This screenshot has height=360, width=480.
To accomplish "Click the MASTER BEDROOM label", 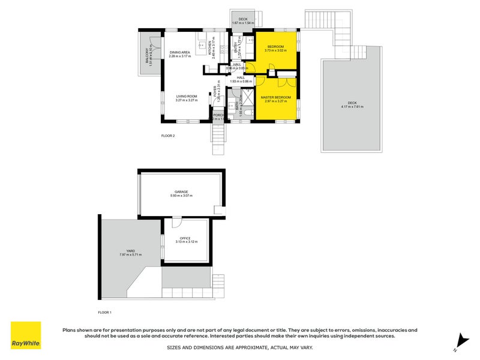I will pyautogui.click(x=276, y=97).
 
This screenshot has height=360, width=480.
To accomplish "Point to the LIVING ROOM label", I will pyautogui.click(x=187, y=97).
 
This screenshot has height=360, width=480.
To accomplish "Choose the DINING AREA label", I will pyautogui.click(x=179, y=53).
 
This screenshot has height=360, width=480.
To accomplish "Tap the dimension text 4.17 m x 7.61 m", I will pyautogui.click(x=352, y=106).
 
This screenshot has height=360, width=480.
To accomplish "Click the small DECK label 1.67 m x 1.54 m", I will pyautogui.click(x=243, y=23).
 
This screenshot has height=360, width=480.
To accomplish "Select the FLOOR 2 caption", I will pyautogui.click(x=168, y=136).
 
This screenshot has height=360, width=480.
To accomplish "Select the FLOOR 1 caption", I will pyautogui.click(x=105, y=312).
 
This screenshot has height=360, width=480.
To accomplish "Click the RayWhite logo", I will pyautogui.click(x=26, y=336).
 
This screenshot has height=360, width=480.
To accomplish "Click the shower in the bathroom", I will pyautogui.click(x=246, y=97).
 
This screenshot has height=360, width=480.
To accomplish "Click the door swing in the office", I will pyautogui.click(x=176, y=223).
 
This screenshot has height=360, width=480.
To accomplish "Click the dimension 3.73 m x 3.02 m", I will pyautogui.click(x=276, y=51).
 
